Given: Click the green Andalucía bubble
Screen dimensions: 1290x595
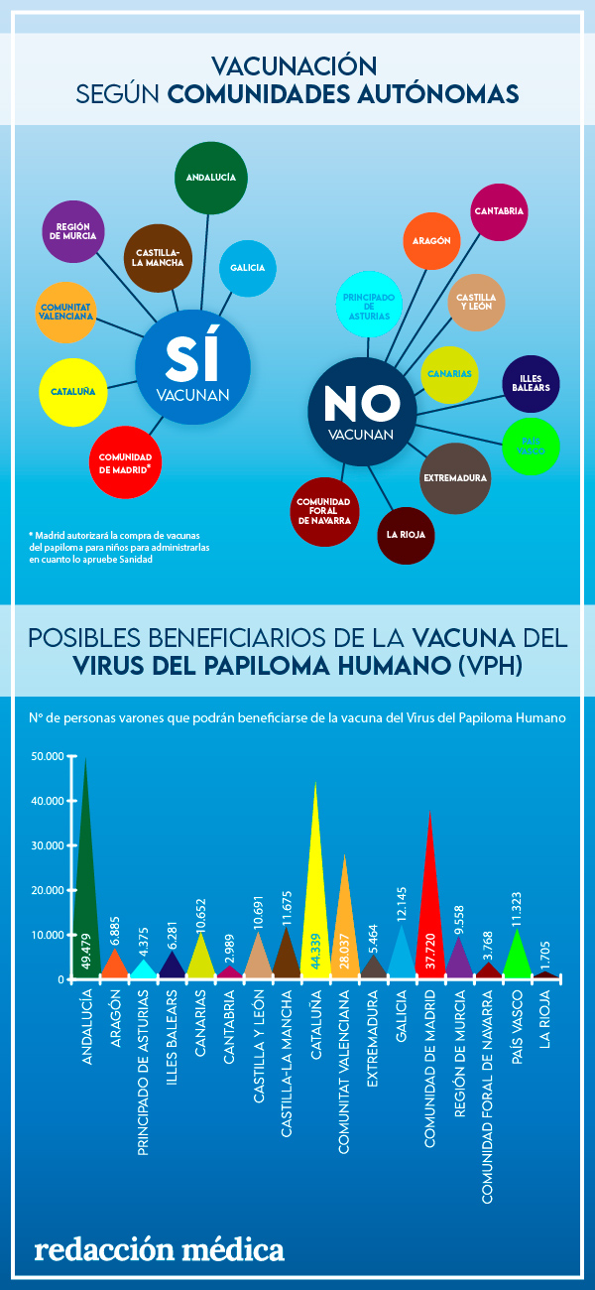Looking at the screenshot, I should pos(209,178).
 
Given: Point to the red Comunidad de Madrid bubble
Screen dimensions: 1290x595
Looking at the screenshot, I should pos(125,460).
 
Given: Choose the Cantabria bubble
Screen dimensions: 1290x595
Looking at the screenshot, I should pos(499,211).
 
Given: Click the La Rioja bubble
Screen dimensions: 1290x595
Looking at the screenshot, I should pos(406,535).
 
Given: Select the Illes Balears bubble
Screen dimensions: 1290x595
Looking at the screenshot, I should pos(531,383).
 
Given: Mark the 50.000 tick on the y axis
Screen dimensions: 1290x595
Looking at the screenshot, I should pos(48,756).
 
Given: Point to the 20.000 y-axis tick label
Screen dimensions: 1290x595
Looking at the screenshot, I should pos(48,890).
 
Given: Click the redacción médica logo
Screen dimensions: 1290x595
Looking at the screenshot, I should pos(159,1250).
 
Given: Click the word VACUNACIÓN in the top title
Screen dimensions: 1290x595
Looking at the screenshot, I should pos(297,66).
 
